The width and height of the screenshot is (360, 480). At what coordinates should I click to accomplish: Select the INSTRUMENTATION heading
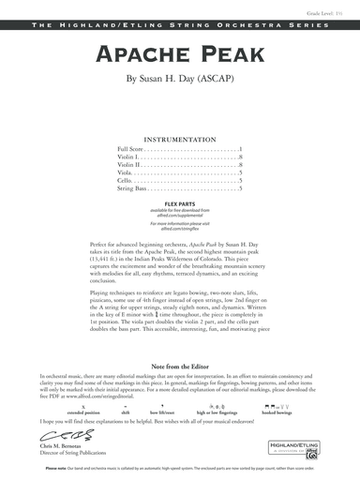click(x=180, y=135)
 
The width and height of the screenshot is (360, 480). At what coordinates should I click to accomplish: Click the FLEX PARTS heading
click(x=180, y=202)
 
